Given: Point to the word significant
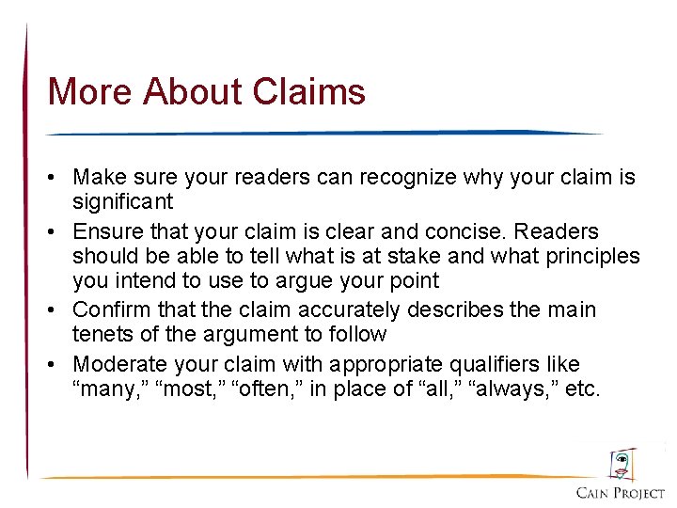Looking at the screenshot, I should (x=122, y=201).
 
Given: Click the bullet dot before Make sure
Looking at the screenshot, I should (x=57, y=177).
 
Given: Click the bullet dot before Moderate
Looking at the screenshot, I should (x=57, y=364).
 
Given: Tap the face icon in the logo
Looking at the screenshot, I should (x=622, y=464).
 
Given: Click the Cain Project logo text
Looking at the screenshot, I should (x=621, y=492).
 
